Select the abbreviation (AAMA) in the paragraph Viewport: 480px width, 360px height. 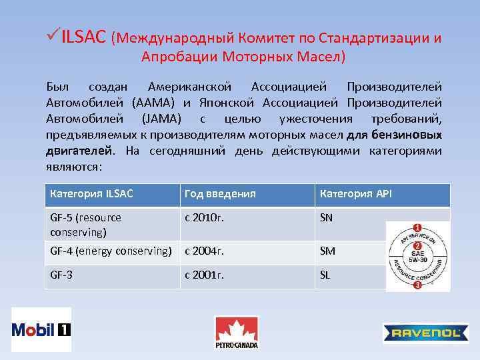155,103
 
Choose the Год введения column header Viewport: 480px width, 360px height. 220,194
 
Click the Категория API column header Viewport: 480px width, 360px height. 356,194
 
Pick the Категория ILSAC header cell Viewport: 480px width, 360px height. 91,194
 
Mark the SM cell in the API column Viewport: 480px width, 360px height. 327,251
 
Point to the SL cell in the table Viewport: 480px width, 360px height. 325,275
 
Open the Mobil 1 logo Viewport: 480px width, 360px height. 41,329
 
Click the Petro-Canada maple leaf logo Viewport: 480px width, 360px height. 236,331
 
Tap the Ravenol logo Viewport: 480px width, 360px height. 425,333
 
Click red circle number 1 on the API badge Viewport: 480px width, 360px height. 417,227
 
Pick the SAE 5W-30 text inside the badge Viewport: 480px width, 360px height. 418,256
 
